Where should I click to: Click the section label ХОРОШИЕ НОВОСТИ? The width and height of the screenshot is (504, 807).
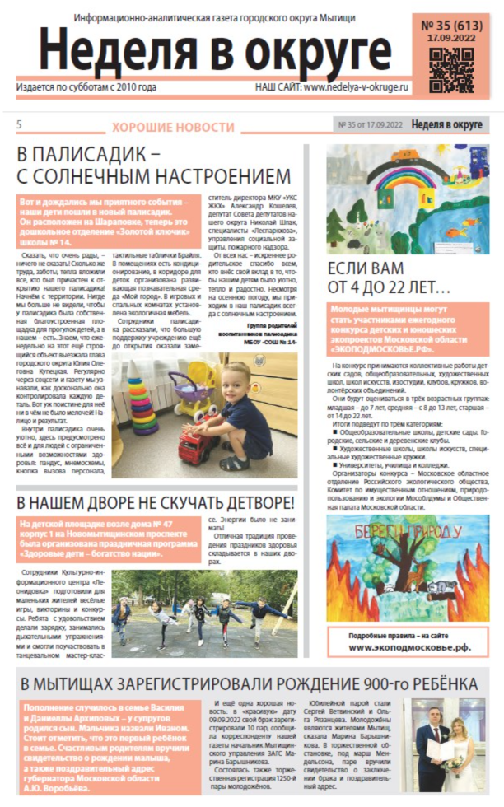pyautogui.click(x=173, y=127)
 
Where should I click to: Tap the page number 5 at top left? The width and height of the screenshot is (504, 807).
pyautogui.click(x=19, y=124)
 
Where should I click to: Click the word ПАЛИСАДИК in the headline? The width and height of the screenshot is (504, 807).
pyautogui.click(x=98, y=154)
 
